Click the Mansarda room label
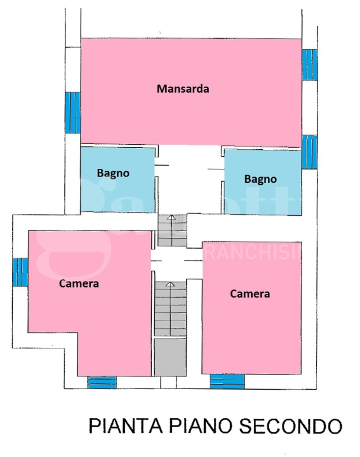[x=183, y=89]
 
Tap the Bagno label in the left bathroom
[x=113, y=173]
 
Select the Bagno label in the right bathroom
[x=260, y=179]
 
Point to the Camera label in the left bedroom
[x=79, y=283]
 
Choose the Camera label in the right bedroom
[x=250, y=293]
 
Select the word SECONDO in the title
[x=289, y=426]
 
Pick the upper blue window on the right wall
[x=309, y=63]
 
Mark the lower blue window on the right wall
[x=309, y=151]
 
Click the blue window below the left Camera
[x=102, y=382]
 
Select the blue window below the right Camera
[x=227, y=381]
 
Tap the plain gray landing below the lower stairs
[x=170, y=357]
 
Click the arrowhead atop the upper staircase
[x=170, y=217]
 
